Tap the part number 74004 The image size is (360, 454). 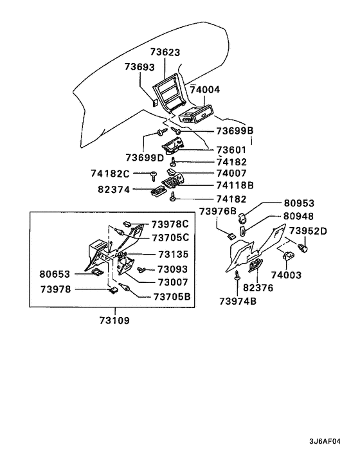point(205,91)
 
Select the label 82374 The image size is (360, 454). point(115,190)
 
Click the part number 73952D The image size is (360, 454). point(308,231)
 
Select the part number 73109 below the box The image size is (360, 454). point(114,320)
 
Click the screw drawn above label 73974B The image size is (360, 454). point(239,275)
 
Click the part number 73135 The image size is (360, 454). point(173,254)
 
